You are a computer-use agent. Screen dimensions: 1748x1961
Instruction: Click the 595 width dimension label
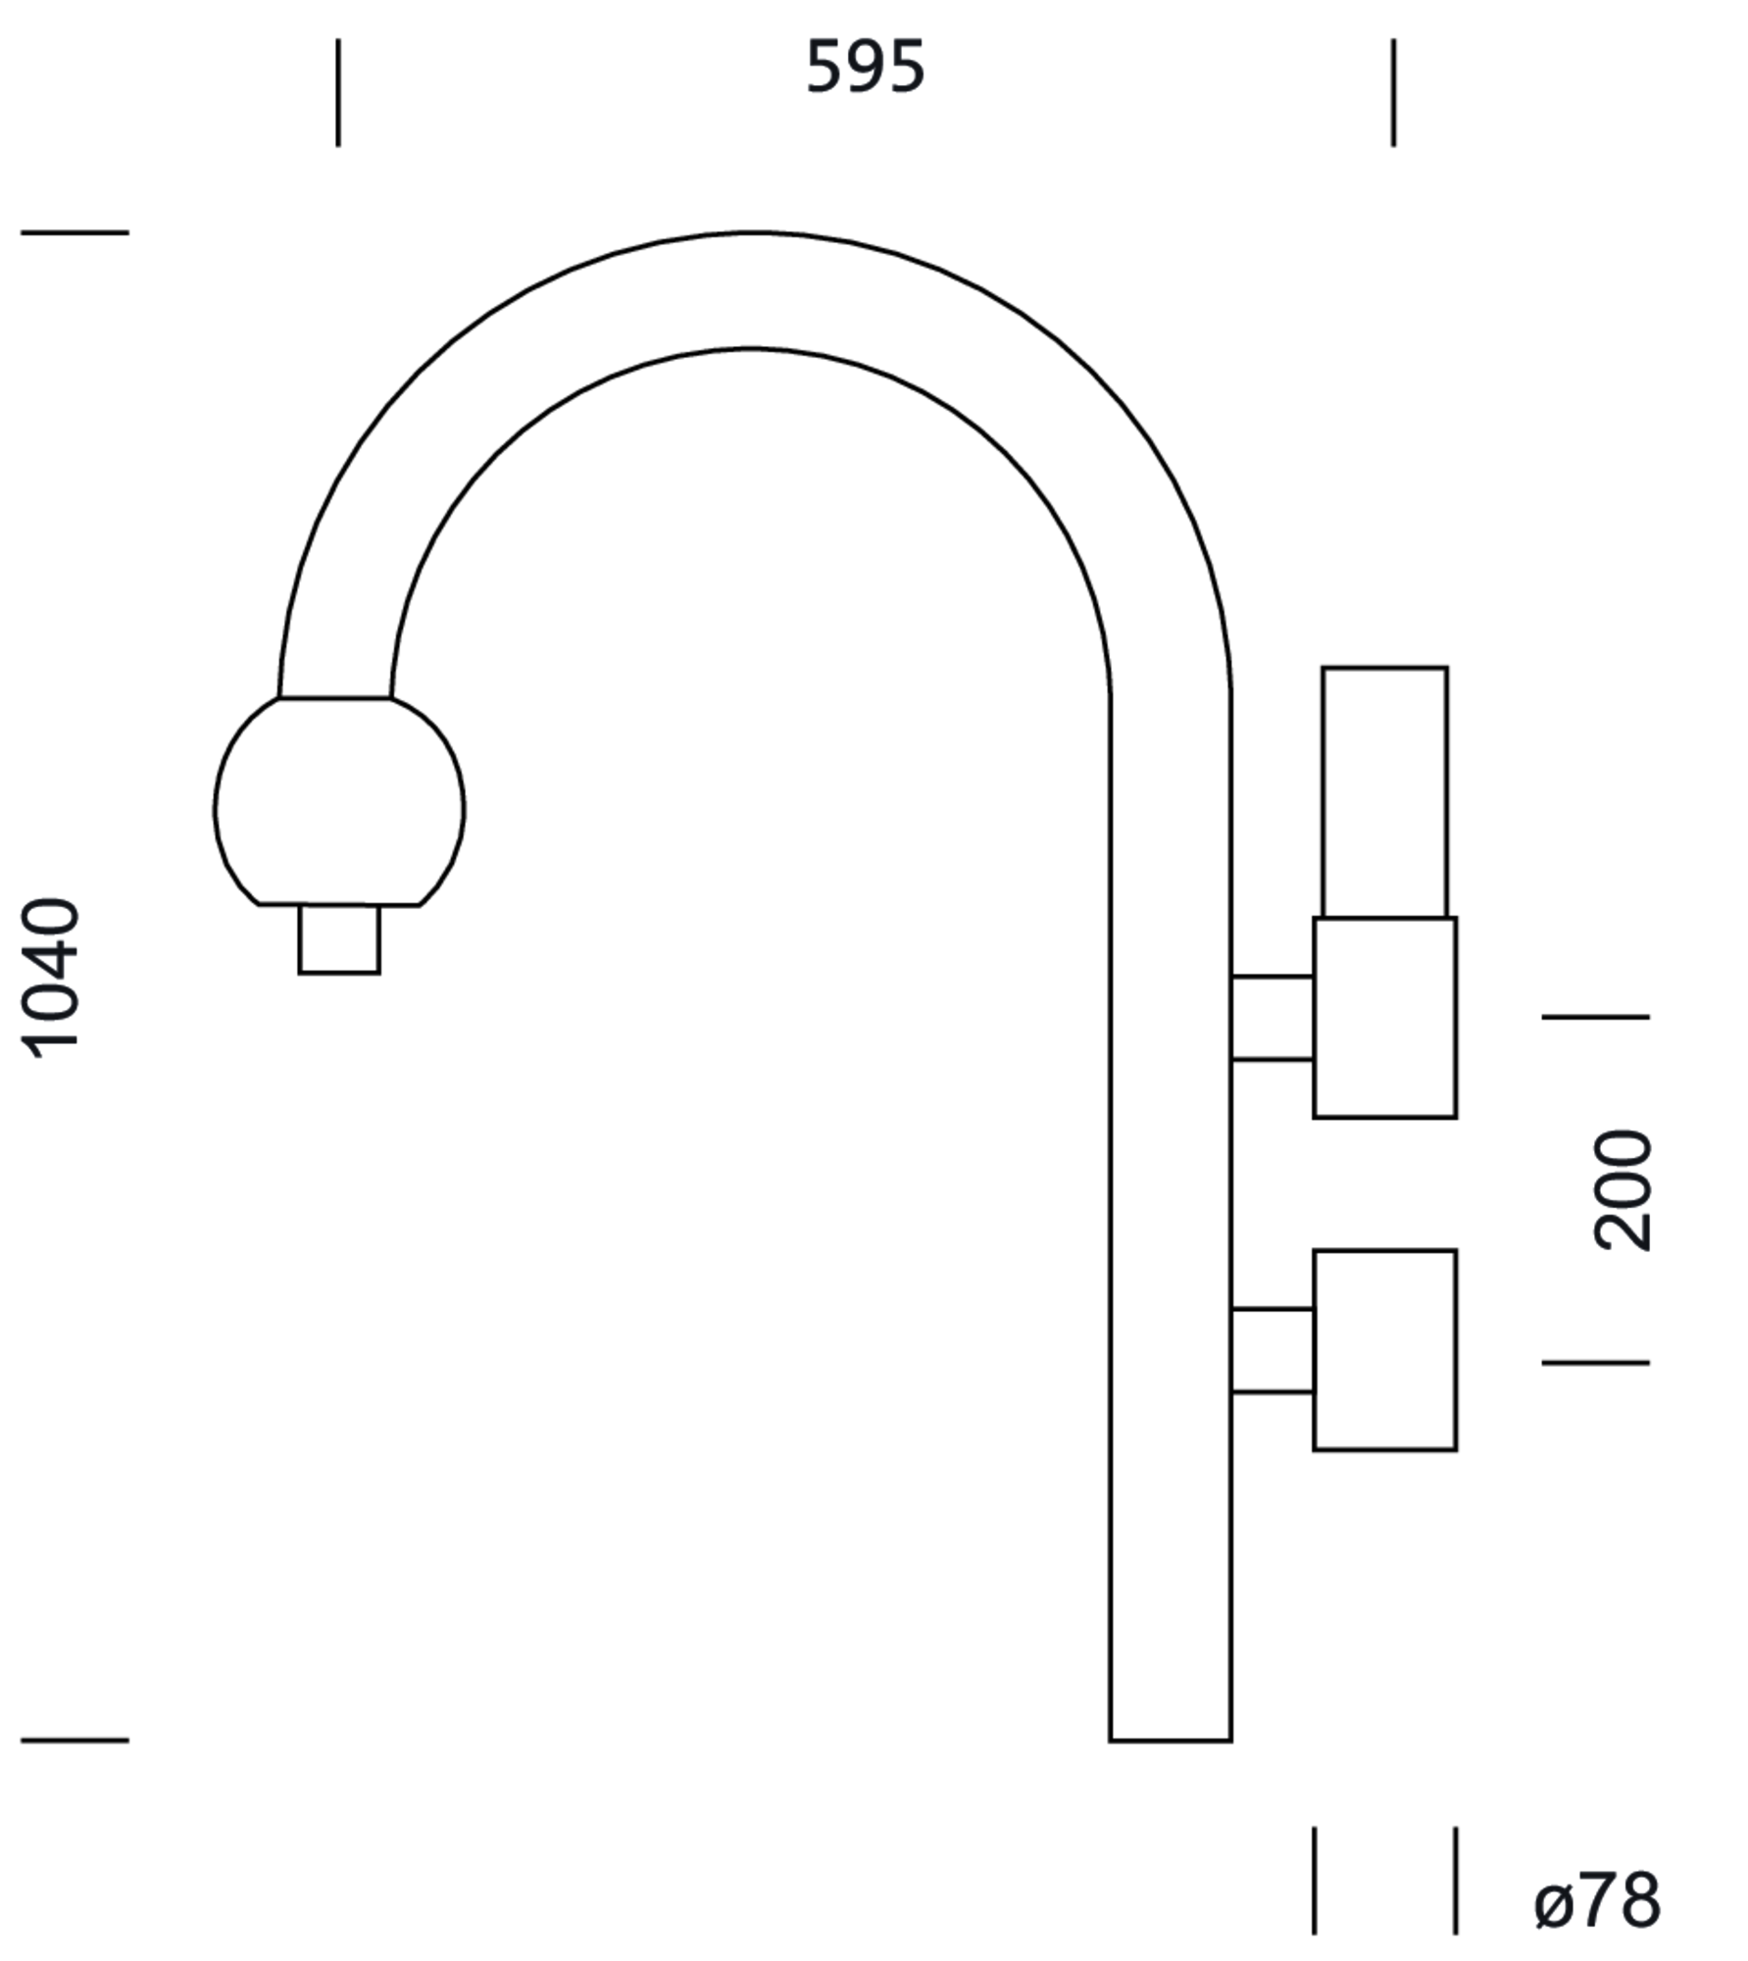click(x=866, y=68)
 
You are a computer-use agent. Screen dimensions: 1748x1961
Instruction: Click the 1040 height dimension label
click(x=50, y=978)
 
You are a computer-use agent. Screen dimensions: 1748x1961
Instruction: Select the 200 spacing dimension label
click(x=1623, y=1190)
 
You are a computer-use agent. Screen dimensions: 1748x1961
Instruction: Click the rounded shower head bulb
click(x=339, y=802)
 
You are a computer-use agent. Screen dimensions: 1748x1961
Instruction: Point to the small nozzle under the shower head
click(x=339, y=939)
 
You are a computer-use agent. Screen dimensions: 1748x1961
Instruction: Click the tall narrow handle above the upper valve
click(x=1384, y=792)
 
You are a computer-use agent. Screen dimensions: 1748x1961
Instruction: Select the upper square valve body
click(x=1385, y=1018)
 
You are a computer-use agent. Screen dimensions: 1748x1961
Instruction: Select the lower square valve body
click(x=1385, y=1350)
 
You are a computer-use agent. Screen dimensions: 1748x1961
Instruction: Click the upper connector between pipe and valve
click(x=1273, y=1018)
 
